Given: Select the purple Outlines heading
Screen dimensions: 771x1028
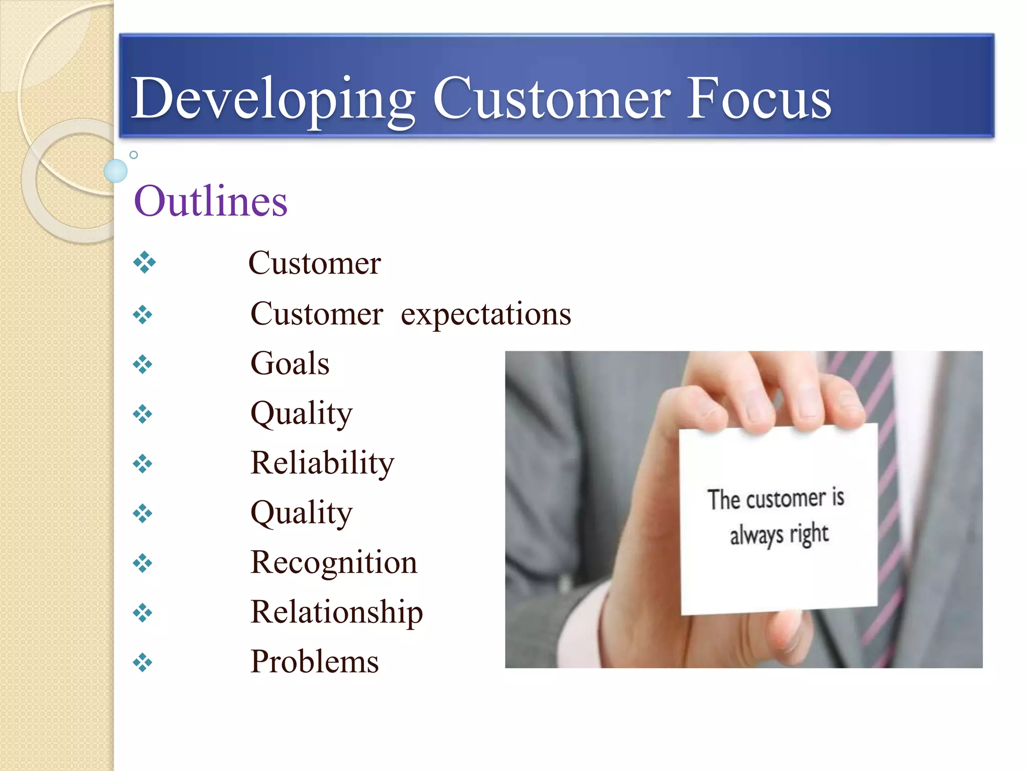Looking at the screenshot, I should pyautogui.click(x=211, y=201).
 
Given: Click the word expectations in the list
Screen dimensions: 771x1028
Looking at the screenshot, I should pyautogui.click(x=485, y=315).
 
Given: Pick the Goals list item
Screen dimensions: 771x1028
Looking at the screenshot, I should pyautogui.click(x=290, y=363).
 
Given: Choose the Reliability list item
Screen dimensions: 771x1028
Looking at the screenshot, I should pyautogui.click(x=322, y=463).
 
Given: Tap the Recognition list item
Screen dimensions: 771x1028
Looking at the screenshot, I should pyautogui.click(x=334, y=562).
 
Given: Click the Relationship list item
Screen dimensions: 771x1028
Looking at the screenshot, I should pyautogui.click(x=336, y=612).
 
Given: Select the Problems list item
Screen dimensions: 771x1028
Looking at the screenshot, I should pyautogui.click(x=314, y=662).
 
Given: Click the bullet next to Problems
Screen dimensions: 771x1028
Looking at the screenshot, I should pyautogui.click(x=143, y=663).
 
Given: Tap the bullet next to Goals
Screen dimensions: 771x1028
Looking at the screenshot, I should pyautogui.click(x=143, y=364).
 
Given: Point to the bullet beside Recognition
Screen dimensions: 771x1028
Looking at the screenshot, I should pyautogui.click(x=143, y=563).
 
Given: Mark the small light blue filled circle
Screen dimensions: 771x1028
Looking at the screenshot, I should pyautogui.click(x=115, y=171).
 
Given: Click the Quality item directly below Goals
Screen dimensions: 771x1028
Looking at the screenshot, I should pyautogui.click(x=301, y=414).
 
